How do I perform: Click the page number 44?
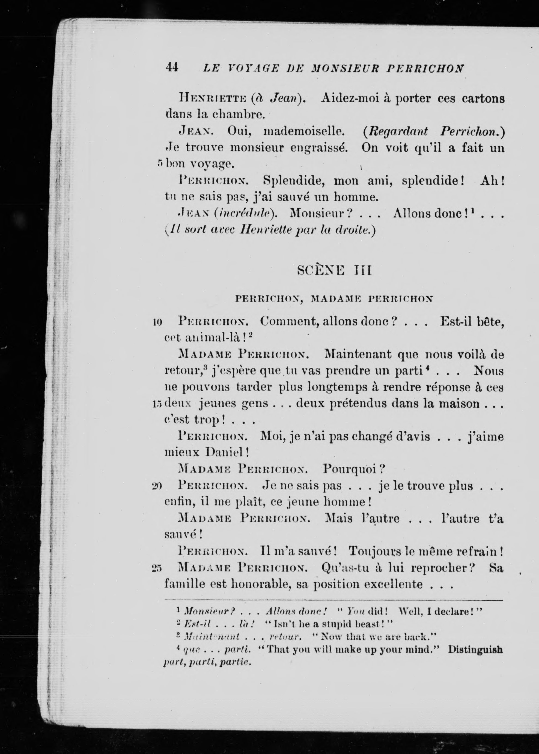point(172,68)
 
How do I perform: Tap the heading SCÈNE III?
point(334,271)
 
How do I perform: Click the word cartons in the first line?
point(483,99)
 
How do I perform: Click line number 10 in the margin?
point(157,322)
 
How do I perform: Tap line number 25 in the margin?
point(156,569)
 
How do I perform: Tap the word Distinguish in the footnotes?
point(475,650)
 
